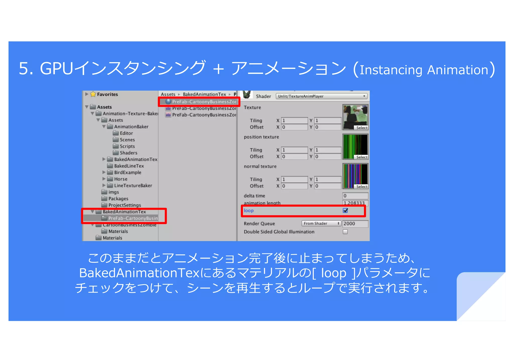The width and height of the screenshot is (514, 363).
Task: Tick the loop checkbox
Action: [x=345, y=210]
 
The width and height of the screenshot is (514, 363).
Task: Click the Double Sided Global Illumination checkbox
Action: [x=345, y=232]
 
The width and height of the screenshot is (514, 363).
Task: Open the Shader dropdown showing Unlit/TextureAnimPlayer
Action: [x=322, y=96]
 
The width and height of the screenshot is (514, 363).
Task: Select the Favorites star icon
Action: [x=93, y=94]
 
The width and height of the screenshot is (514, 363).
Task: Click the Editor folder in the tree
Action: [x=126, y=133]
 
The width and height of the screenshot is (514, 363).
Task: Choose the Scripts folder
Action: [x=127, y=146]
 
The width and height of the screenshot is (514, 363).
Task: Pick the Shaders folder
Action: [x=128, y=153]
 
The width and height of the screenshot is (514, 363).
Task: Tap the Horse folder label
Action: [x=120, y=179]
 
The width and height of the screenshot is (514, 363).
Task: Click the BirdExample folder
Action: [x=127, y=173]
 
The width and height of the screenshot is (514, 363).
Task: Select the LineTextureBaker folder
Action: [x=133, y=186]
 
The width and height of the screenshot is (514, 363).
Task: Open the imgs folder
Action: [x=113, y=192]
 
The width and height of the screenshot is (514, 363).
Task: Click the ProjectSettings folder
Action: [x=124, y=205]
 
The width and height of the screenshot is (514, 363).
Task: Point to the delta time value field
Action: [x=355, y=196]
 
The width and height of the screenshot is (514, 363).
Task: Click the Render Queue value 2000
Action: [x=355, y=224]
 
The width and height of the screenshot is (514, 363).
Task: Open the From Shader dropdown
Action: [x=321, y=224]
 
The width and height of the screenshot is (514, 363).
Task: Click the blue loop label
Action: [x=249, y=210]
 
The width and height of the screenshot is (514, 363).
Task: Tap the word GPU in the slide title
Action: [x=56, y=68]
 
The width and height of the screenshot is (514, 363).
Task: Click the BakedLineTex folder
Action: [x=129, y=166]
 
